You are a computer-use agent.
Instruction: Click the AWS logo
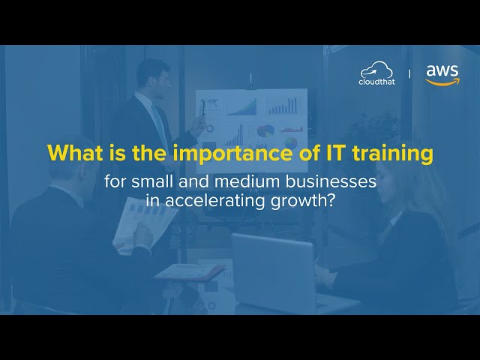(442, 74)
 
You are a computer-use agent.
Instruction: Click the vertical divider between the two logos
(409, 74)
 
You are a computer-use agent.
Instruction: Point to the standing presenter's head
(152, 74)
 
